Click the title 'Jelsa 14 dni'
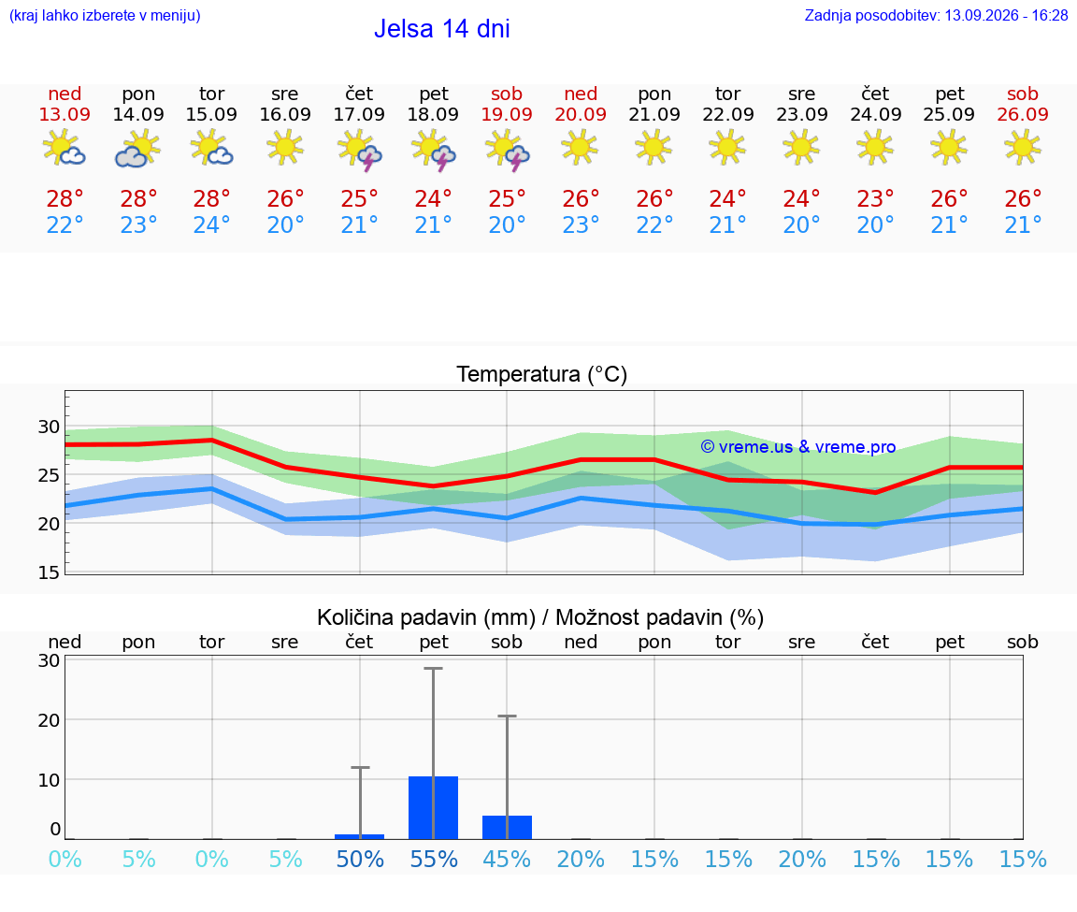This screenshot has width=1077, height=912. [x=441, y=29]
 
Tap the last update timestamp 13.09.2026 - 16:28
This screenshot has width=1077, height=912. [x=1006, y=15]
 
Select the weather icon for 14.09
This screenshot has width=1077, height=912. [x=138, y=150]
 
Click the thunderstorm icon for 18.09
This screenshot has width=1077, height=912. [x=433, y=151]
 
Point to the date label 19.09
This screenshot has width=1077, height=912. [x=507, y=114]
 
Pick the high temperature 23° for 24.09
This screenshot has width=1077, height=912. [x=875, y=198]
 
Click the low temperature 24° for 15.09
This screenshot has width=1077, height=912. [x=211, y=224]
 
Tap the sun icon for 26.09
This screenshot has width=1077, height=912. [x=1023, y=147]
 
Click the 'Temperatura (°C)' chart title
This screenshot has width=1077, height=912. [x=542, y=374]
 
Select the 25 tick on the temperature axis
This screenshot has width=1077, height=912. [x=49, y=475]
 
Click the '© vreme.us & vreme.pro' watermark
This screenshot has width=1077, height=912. [x=798, y=447]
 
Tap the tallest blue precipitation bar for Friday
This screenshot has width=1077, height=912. [x=434, y=807]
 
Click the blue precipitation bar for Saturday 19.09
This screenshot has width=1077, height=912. [x=507, y=828]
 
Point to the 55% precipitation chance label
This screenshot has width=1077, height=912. [x=434, y=859]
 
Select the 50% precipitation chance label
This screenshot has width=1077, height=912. [x=359, y=859]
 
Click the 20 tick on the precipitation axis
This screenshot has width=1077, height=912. [x=49, y=719]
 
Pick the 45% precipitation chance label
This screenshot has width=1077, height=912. [x=507, y=859]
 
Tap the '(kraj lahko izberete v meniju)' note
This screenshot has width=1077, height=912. [x=105, y=15]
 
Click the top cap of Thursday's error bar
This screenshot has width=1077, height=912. [x=360, y=767]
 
